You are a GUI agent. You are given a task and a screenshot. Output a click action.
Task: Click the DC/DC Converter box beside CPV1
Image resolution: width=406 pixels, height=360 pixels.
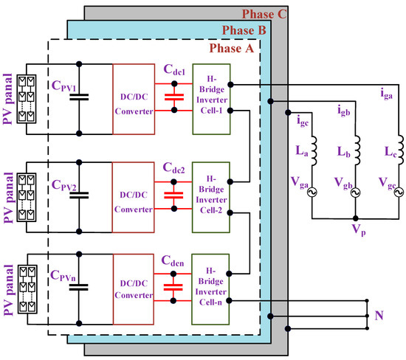134,100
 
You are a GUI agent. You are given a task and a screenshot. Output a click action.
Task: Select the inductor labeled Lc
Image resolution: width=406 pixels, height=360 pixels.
399,150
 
